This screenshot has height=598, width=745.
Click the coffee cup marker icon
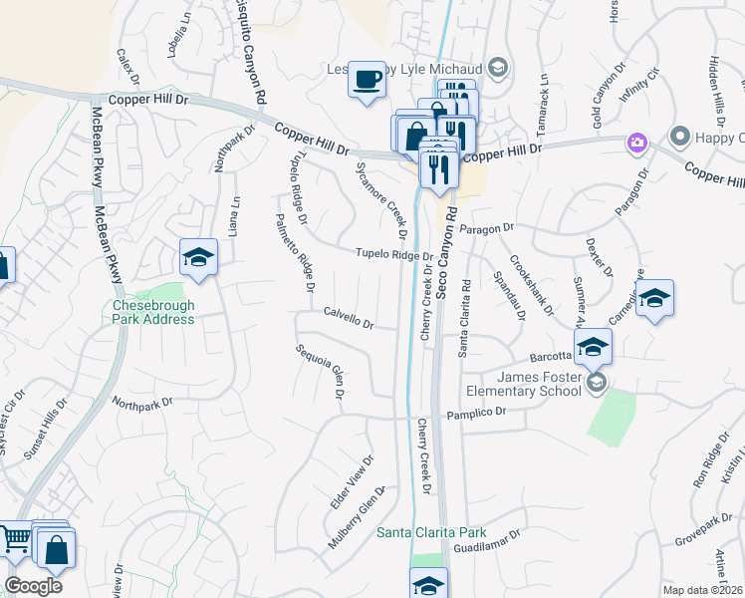(x=367, y=78)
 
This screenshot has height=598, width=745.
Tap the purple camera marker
(x=635, y=143)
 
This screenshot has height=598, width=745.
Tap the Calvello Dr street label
(x=349, y=318)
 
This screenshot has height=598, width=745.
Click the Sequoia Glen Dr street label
(x=320, y=373)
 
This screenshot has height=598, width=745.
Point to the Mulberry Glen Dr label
(x=357, y=518)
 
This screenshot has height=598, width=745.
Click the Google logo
(x=33, y=585)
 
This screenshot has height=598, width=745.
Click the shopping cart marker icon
(x=15, y=540)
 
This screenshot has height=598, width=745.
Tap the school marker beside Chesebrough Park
(x=198, y=258)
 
